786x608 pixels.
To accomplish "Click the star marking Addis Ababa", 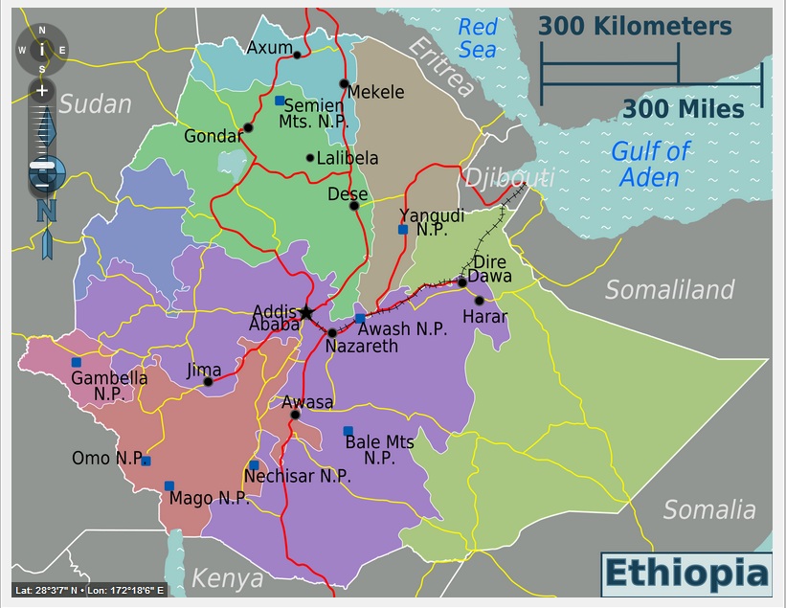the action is pyautogui.click(x=305, y=312).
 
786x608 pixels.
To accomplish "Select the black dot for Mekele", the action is pyautogui.click(x=345, y=83).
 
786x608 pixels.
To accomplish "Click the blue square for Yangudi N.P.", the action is pyautogui.click(x=403, y=229).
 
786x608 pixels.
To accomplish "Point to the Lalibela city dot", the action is pyautogui.click(x=310, y=158).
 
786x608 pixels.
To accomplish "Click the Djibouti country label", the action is pyautogui.click(x=508, y=177).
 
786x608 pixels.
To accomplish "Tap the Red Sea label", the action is pyautogui.click(x=478, y=37).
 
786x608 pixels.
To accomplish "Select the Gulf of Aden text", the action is pyautogui.click(x=650, y=164).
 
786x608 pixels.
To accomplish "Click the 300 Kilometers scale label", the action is pyautogui.click(x=634, y=26).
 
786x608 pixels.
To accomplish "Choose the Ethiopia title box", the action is pyautogui.click(x=685, y=574).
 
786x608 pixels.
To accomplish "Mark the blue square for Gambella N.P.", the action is pyautogui.click(x=77, y=362).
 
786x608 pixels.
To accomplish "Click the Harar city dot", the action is pyautogui.click(x=480, y=301).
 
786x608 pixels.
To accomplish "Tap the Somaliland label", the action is pyautogui.click(x=669, y=289).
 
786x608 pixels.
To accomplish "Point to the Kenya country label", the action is pyautogui.click(x=227, y=578).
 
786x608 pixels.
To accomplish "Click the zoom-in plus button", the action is pyautogui.click(x=41, y=91).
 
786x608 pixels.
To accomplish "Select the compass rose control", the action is pyautogui.click(x=41, y=49).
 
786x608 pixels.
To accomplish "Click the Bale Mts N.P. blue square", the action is pyautogui.click(x=348, y=431).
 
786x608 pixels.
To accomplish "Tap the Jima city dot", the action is pyautogui.click(x=208, y=381).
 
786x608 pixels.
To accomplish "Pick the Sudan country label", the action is pyautogui.click(x=95, y=103).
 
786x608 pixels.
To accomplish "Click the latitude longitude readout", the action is pyautogui.click(x=90, y=590).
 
